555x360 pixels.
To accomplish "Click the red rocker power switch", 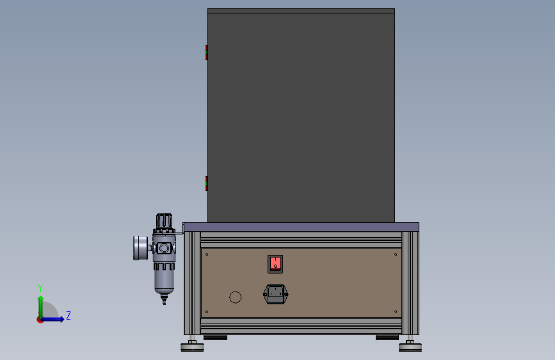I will tap(275, 263).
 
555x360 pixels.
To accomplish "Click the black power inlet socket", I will tap(275, 295).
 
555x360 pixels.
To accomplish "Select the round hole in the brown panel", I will tap(236, 297).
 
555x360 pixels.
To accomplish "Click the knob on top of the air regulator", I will tap(164, 222).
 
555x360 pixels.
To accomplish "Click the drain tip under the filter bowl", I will tap(164, 299).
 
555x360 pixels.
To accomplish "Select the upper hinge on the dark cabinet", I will tap(206, 52).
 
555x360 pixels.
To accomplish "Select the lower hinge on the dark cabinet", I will tap(206, 183).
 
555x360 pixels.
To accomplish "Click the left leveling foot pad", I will tap(192, 348).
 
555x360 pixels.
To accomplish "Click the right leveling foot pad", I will tap(410, 348).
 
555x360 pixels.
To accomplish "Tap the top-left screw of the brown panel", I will tap(207, 254).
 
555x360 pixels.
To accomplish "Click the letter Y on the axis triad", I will tap(40, 288).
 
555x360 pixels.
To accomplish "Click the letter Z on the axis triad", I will tap(68, 316).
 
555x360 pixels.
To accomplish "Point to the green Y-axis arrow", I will tap(40, 304).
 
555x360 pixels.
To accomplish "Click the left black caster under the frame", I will tap(215, 338).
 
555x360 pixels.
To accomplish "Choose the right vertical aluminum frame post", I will tap(410, 282).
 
